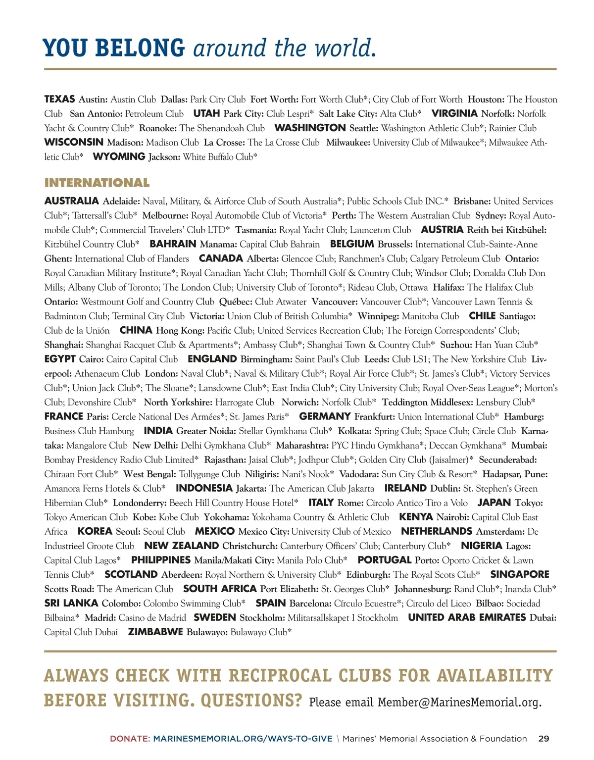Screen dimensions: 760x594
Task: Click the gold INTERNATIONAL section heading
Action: coord(97,183)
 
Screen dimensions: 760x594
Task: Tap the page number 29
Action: coord(544,738)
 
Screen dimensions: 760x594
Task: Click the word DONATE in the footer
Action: coord(129,738)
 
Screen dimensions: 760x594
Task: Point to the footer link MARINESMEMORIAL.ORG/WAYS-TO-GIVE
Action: coord(243,738)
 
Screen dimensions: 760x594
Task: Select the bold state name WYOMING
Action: coord(119,156)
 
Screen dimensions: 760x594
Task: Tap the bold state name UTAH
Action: coord(206,113)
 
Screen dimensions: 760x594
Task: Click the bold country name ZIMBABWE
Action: coord(155,632)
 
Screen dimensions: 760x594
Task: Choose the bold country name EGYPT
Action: coord(60,359)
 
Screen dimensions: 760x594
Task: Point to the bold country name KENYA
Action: coord(416,517)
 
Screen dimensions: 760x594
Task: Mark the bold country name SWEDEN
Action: coord(214,617)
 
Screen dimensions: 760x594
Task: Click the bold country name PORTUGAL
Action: coord(384,560)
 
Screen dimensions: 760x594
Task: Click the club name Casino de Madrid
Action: coord(152,617)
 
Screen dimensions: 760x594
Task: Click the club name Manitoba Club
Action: coord(430,316)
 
